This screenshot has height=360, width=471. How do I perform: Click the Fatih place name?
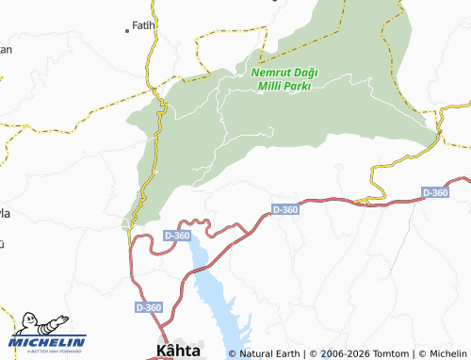click(143, 25)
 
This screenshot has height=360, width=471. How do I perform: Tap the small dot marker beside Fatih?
click(128, 31)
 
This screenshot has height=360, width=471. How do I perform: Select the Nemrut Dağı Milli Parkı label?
click(284, 77)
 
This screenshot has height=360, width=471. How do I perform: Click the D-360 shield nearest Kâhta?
click(148, 307)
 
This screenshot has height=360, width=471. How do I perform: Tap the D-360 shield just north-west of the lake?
click(176, 235)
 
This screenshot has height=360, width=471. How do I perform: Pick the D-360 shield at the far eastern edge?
click(435, 192)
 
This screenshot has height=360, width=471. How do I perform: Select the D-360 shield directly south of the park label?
click(284, 209)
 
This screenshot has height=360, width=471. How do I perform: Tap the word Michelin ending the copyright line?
click(440, 354)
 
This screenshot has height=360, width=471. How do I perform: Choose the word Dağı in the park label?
click(304, 71)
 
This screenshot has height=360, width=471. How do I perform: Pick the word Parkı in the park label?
click(296, 85)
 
